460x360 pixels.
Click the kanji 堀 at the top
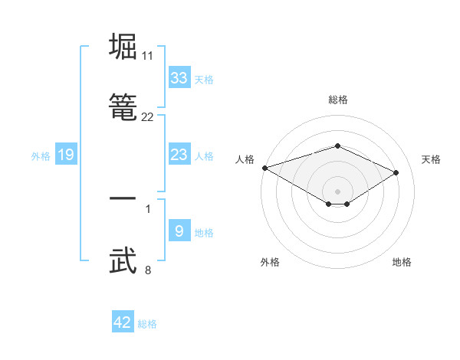pyautogui.click(x=123, y=47)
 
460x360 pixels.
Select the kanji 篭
pyautogui.click(x=123, y=107)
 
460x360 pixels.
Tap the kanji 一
pyautogui.click(x=123, y=198)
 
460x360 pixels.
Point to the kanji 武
pyautogui.click(x=123, y=260)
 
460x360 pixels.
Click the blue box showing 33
pyautogui.click(x=179, y=78)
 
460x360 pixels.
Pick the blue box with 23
pyautogui.click(x=179, y=155)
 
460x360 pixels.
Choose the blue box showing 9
pyautogui.click(x=179, y=231)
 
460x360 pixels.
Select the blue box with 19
pyautogui.click(x=66, y=155)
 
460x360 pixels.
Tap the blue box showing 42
pyautogui.click(x=123, y=323)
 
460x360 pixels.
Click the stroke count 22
pyautogui.click(x=148, y=117)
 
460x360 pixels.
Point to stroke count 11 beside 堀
pyautogui.click(x=148, y=56)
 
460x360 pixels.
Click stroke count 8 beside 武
pyautogui.click(x=148, y=270)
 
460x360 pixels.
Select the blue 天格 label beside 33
pyautogui.click(x=204, y=79)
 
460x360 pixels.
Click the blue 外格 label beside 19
pyautogui.click(x=41, y=155)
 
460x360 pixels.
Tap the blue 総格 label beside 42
pyautogui.click(x=147, y=324)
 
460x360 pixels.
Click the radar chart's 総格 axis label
pyautogui.click(x=337, y=100)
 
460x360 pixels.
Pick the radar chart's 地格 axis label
pyautogui.click(x=402, y=262)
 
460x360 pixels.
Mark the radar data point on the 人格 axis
pyautogui.click(x=264, y=168)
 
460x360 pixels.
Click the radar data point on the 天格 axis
pyautogui.click(x=396, y=172)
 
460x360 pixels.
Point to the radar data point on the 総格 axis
pyautogui.click(x=337, y=146)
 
